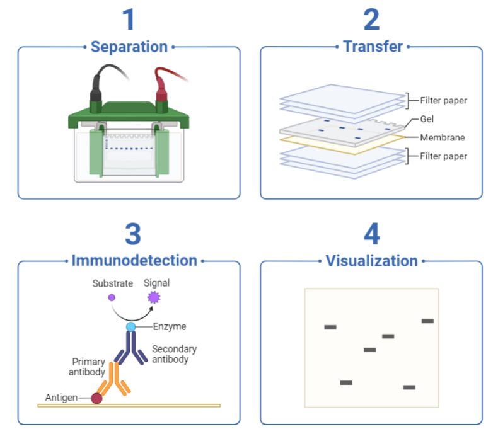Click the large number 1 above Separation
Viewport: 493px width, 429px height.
tap(129, 20)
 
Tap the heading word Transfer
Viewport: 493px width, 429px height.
tap(373, 47)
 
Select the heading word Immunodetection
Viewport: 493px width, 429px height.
tap(134, 261)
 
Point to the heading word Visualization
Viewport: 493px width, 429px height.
tap(371, 261)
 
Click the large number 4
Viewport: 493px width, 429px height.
tap(371, 234)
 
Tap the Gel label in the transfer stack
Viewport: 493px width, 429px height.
tap(427, 119)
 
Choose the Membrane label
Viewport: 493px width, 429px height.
tap(443, 138)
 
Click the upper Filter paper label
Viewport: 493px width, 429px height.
tap(443, 101)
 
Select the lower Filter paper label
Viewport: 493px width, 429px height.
tap(443, 156)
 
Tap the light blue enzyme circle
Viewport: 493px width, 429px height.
tap(130, 327)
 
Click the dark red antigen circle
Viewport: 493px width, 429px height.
tap(96, 398)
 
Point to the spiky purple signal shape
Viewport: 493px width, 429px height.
tap(154, 297)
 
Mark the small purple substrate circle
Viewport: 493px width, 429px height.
tap(112, 297)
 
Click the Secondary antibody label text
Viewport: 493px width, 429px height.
tap(174, 354)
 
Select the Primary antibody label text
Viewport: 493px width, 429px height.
tap(87, 367)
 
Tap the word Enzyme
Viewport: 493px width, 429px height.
tap(170, 326)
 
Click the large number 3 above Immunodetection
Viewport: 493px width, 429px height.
tap(132, 234)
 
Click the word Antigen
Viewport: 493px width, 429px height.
tap(61, 398)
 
